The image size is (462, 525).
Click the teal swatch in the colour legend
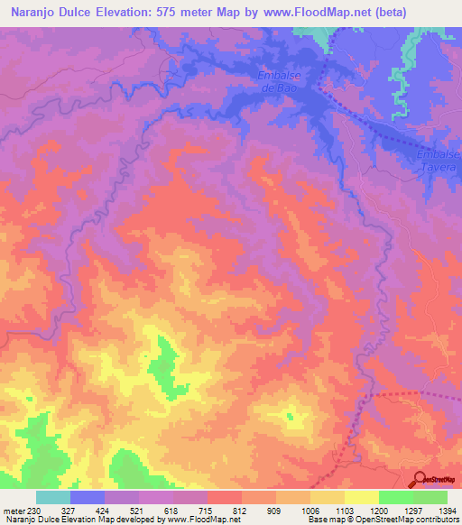(53, 497)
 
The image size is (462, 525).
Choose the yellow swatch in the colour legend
(361, 497)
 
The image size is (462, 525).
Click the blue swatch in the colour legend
(88, 497)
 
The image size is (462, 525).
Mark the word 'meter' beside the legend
(14, 511)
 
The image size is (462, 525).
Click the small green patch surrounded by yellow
(290, 416)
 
